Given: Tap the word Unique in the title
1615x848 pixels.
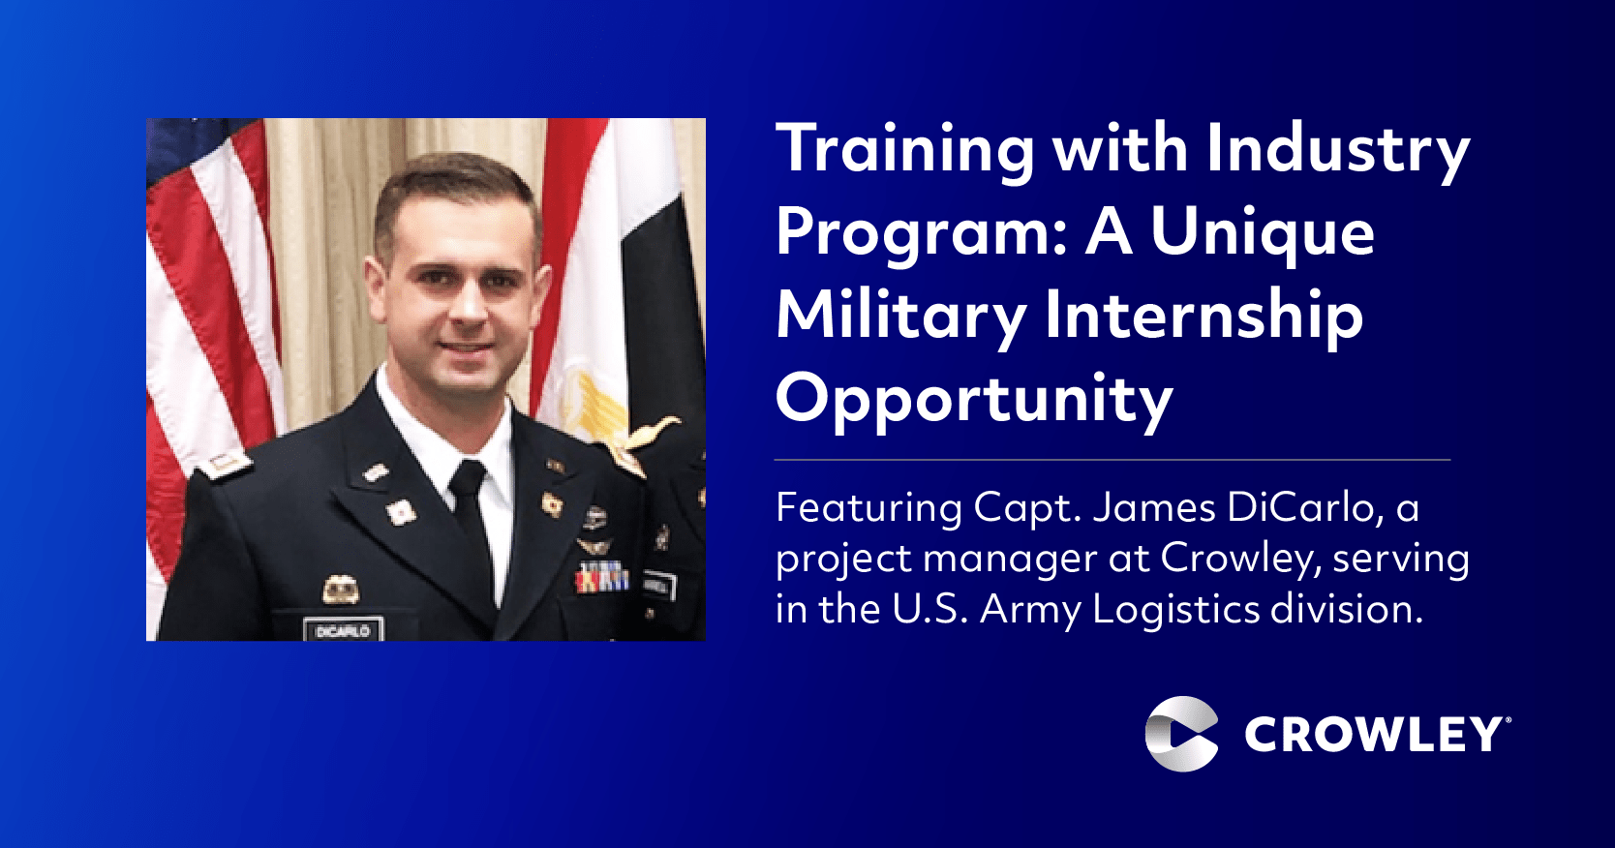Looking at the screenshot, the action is (x=1262, y=233).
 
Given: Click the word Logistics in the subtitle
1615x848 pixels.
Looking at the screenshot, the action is (x=1177, y=609).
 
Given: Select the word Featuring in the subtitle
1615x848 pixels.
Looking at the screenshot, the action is (x=868, y=509).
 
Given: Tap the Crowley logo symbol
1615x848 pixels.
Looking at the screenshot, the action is (x=1181, y=734).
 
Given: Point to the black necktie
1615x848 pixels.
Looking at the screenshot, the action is (x=473, y=519).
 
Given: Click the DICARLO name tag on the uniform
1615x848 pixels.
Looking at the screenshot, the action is (x=343, y=629).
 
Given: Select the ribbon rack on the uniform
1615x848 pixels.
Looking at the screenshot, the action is (x=601, y=578).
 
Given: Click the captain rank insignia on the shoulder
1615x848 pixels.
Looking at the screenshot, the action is (x=226, y=464).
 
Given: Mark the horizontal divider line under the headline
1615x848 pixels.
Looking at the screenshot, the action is (x=1112, y=459).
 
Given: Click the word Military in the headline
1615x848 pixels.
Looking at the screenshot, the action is (x=901, y=318).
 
